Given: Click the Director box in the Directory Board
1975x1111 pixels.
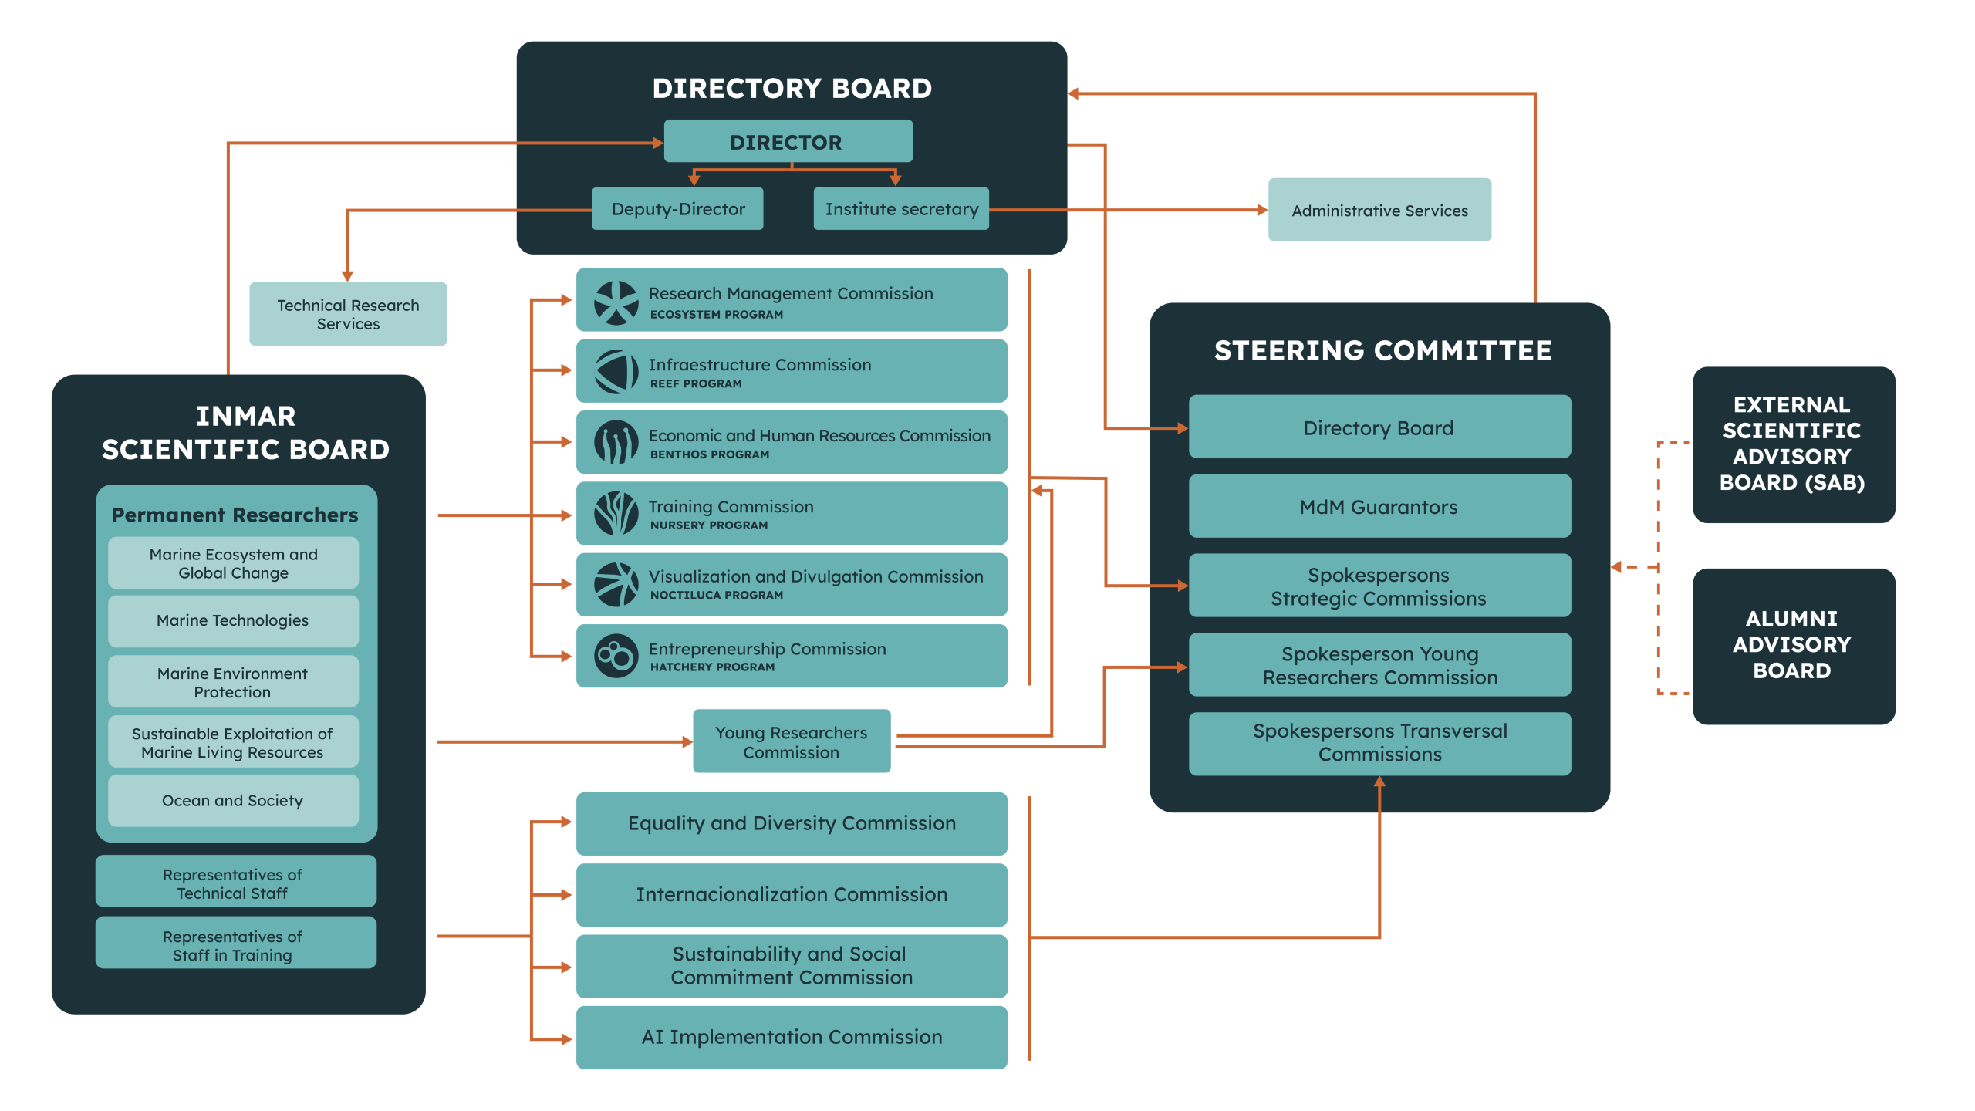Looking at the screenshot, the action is tap(788, 141).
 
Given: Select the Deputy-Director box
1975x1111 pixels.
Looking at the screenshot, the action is tap(677, 208).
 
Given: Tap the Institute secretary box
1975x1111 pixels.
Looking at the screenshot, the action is tap(901, 208).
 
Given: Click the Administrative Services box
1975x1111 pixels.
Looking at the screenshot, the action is tap(1379, 210).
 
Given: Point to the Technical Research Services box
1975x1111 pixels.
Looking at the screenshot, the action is tap(348, 314).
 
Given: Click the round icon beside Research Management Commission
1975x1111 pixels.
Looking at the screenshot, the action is tap(616, 302).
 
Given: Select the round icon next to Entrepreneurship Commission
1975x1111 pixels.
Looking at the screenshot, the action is tap(616, 657).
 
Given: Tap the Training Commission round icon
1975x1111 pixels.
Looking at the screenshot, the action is tap(616, 514).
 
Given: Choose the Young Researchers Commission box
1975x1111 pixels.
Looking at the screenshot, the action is tap(792, 741).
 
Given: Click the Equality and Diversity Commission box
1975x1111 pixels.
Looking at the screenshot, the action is tap(792, 823).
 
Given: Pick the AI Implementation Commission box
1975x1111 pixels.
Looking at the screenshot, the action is tap(792, 1037).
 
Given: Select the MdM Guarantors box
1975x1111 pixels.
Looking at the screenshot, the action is tap(1379, 506).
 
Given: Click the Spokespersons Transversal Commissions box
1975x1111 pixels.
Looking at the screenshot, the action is tap(1379, 743).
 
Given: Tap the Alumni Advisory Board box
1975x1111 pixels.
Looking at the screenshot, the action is tap(1794, 646).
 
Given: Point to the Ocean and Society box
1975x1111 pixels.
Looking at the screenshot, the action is tap(233, 801).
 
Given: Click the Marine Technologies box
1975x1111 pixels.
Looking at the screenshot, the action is tap(233, 620).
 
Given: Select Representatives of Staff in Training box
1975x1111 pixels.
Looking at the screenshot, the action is tap(236, 942).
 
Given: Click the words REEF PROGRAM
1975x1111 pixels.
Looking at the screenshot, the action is tap(696, 383).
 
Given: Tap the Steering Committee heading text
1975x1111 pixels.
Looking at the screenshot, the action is tap(1382, 350).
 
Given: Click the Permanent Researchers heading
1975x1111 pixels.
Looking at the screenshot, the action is tap(235, 515).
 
